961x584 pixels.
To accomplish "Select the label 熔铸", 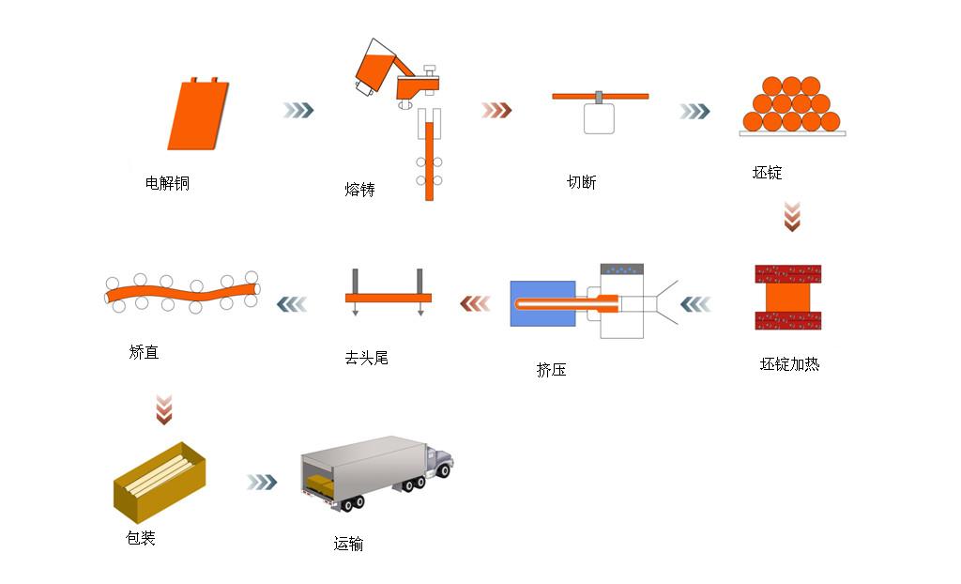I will tap(359, 190).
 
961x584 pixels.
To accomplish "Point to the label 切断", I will tap(581, 183).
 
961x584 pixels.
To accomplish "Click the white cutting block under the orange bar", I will tap(599, 117).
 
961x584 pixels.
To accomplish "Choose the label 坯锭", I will tap(767, 173).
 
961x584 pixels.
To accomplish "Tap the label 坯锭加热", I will tap(789, 364).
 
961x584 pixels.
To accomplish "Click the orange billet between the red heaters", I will tap(788, 297).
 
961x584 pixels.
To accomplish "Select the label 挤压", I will tap(551, 370).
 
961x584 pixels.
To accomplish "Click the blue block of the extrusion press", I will tap(542, 302).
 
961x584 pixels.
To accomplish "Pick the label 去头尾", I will tap(366, 358).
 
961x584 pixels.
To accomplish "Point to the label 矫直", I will tap(144, 353).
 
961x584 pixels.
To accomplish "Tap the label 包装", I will tap(140, 538).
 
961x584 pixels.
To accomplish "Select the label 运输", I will tap(347, 544).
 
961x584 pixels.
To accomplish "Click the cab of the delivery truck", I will tap(437, 460).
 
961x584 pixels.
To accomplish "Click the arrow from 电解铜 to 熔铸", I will tap(298, 111).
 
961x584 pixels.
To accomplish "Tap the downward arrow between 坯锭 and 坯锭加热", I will tap(792, 217).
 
